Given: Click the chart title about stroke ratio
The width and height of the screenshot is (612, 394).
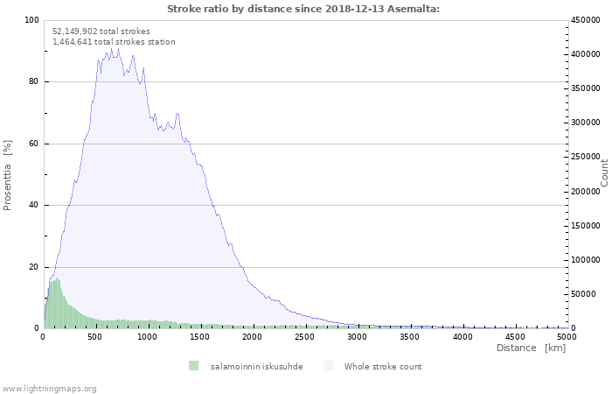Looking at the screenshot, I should click(303, 9).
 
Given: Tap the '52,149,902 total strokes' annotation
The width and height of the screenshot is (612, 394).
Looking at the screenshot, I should click(101, 31).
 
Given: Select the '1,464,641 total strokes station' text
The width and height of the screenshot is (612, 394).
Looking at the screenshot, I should click(114, 41).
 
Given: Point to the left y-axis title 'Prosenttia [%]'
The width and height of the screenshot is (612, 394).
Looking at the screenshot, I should click(8, 174).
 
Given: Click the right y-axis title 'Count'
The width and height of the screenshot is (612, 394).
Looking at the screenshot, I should click(604, 172).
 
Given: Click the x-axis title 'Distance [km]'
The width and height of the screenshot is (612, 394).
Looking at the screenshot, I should click(531, 348).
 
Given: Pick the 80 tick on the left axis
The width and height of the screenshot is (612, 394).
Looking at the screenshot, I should click(33, 82).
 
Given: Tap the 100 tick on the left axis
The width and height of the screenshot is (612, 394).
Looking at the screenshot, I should click(31, 20).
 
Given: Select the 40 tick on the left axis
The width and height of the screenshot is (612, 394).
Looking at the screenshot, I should click(33, 206).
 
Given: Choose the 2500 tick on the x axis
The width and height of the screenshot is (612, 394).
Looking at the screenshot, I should click(305, 335).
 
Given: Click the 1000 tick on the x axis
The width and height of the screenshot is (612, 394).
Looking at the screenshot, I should click(148, 335).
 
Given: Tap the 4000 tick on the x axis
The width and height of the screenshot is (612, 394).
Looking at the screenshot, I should click(462, 335).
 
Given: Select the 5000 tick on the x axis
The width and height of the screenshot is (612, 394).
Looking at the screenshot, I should click(567, 335).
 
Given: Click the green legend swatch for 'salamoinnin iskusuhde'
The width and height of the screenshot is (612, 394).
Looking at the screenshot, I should click(193, 366).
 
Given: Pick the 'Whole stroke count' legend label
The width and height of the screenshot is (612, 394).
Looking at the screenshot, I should click(383, 366).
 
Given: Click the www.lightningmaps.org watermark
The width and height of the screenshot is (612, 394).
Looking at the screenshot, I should click(49, 388).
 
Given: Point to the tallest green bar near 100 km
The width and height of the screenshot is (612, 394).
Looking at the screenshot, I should click(57, 304).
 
